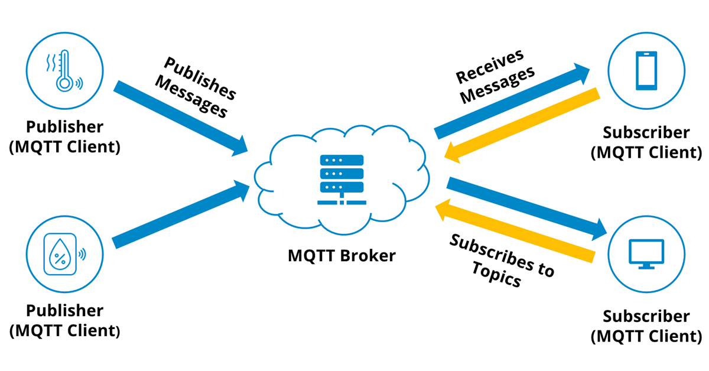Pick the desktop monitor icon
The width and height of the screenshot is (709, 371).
point(646,254)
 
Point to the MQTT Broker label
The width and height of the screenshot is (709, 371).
point(342,255)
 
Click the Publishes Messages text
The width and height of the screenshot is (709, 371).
point(195,88)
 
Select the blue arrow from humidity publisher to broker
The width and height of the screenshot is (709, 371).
point(180,216)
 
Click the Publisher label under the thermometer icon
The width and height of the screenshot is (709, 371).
point(64,136)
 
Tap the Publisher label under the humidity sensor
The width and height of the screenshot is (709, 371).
point(64,320)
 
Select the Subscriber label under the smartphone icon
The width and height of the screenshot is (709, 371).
point(646,142)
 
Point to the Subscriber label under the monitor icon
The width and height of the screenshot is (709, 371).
point(646,326)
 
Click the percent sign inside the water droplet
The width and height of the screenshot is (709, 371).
point(60,258)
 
